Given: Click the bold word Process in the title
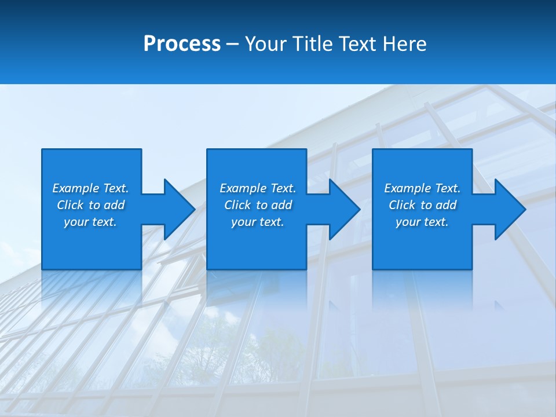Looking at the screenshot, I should pyautogui.click(x=182, y=44).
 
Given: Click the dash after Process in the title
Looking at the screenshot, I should pyautogui.click(x=233, y=45).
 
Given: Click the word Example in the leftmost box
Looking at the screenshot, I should pyautogui.click(x=75, y=188).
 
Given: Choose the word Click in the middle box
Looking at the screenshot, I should pyautogui.click(x=237, y=205).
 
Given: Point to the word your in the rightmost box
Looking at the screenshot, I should pyautogui.click(x=408, y=222).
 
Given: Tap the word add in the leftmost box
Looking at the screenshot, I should pyautogui.click(x=114, y=205).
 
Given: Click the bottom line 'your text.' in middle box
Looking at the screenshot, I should pyautogui.click(x=257, y=222).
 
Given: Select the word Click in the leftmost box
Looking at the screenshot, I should pyautogui.click(x=69, y=205).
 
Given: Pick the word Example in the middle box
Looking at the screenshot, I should pyautogui.click(x=243, y=188).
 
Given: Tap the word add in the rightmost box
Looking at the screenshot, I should pyautogui.click(x=446, y=205).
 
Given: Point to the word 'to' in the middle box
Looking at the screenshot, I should pyautogui.click(x=262, y=205).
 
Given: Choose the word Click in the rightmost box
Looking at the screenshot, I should pyautogui.click(x=402, y=205).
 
